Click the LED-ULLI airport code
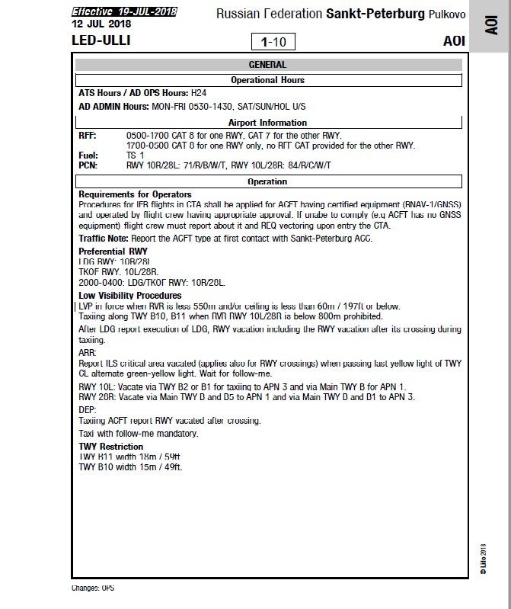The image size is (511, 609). point(101,40)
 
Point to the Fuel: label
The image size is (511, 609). point(88,155)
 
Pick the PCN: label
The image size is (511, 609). point(88,165)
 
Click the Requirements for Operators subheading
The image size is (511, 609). point(135,194)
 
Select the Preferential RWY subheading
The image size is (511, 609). point(113,250)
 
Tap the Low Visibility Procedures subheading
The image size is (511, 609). point(129,295)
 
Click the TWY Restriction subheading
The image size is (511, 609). point(110,446)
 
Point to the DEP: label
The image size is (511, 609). point(88,409)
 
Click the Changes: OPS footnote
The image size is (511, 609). point(92,588)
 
